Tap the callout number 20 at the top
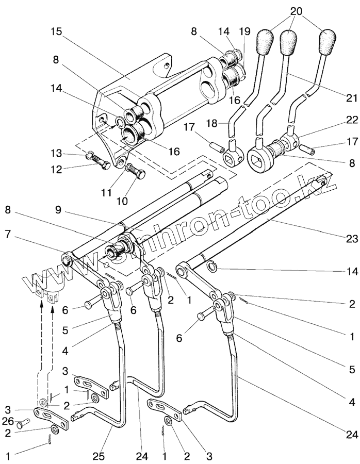296,10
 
